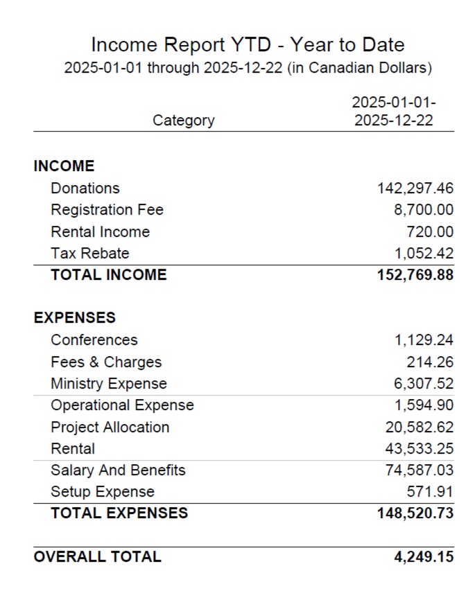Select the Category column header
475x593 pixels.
[x=183, y=121]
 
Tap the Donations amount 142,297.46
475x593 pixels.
[x=415, y=188]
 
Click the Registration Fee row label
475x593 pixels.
[x=107, y=210]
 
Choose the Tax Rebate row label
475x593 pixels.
[x=89, y=253]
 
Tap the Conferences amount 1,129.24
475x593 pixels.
[x=424, y=340]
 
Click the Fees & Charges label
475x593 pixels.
[x=106, y=362]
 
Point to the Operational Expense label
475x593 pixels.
[x=122, y=405]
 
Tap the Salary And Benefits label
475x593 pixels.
[x=118, y=470]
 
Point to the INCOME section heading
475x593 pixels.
[x=64, y=166]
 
